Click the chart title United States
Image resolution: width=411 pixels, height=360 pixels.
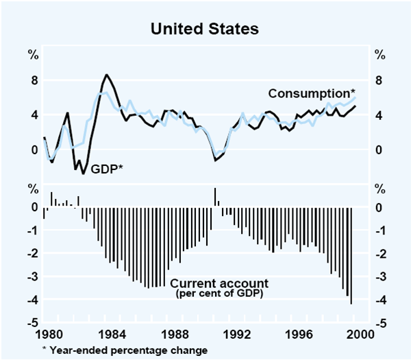coord(206,29)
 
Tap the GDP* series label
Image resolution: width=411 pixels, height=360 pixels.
coord(107,167)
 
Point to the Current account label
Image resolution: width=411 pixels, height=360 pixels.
coord(219,283)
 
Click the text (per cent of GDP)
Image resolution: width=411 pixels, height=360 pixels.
coord(219,294)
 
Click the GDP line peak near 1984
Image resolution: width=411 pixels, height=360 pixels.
coord(106,75)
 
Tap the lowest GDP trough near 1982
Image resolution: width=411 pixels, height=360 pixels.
coord(84,173)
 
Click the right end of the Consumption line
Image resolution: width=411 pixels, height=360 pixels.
coord(355,97)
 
